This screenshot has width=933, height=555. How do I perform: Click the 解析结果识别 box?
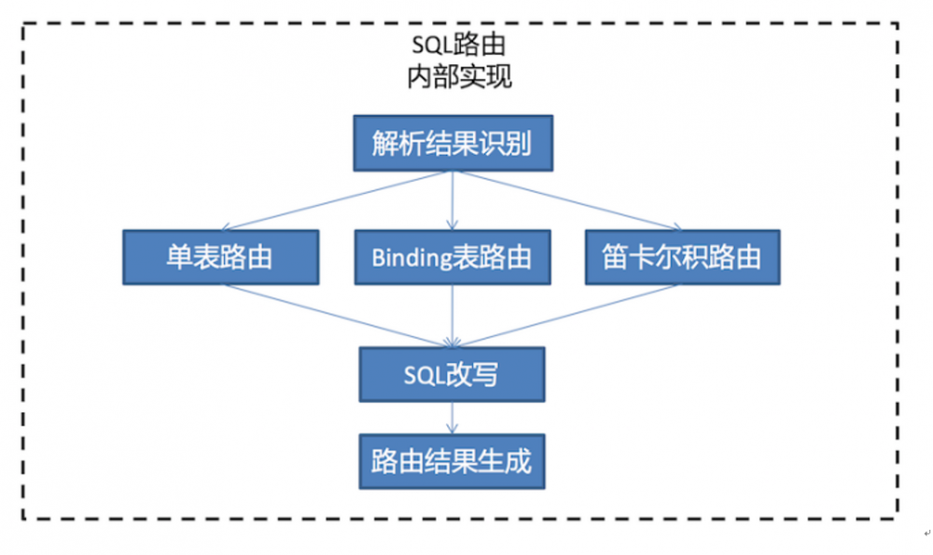453,144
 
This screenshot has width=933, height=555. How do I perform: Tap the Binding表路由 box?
453,257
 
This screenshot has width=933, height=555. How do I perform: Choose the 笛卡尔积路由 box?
681,257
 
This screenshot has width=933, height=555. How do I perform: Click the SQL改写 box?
453,374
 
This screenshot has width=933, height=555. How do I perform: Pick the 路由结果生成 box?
453,460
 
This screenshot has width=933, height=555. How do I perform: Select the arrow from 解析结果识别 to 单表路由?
336,201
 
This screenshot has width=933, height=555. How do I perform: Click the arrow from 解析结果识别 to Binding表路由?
453,201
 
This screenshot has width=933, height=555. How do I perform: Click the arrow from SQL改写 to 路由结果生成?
453,416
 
